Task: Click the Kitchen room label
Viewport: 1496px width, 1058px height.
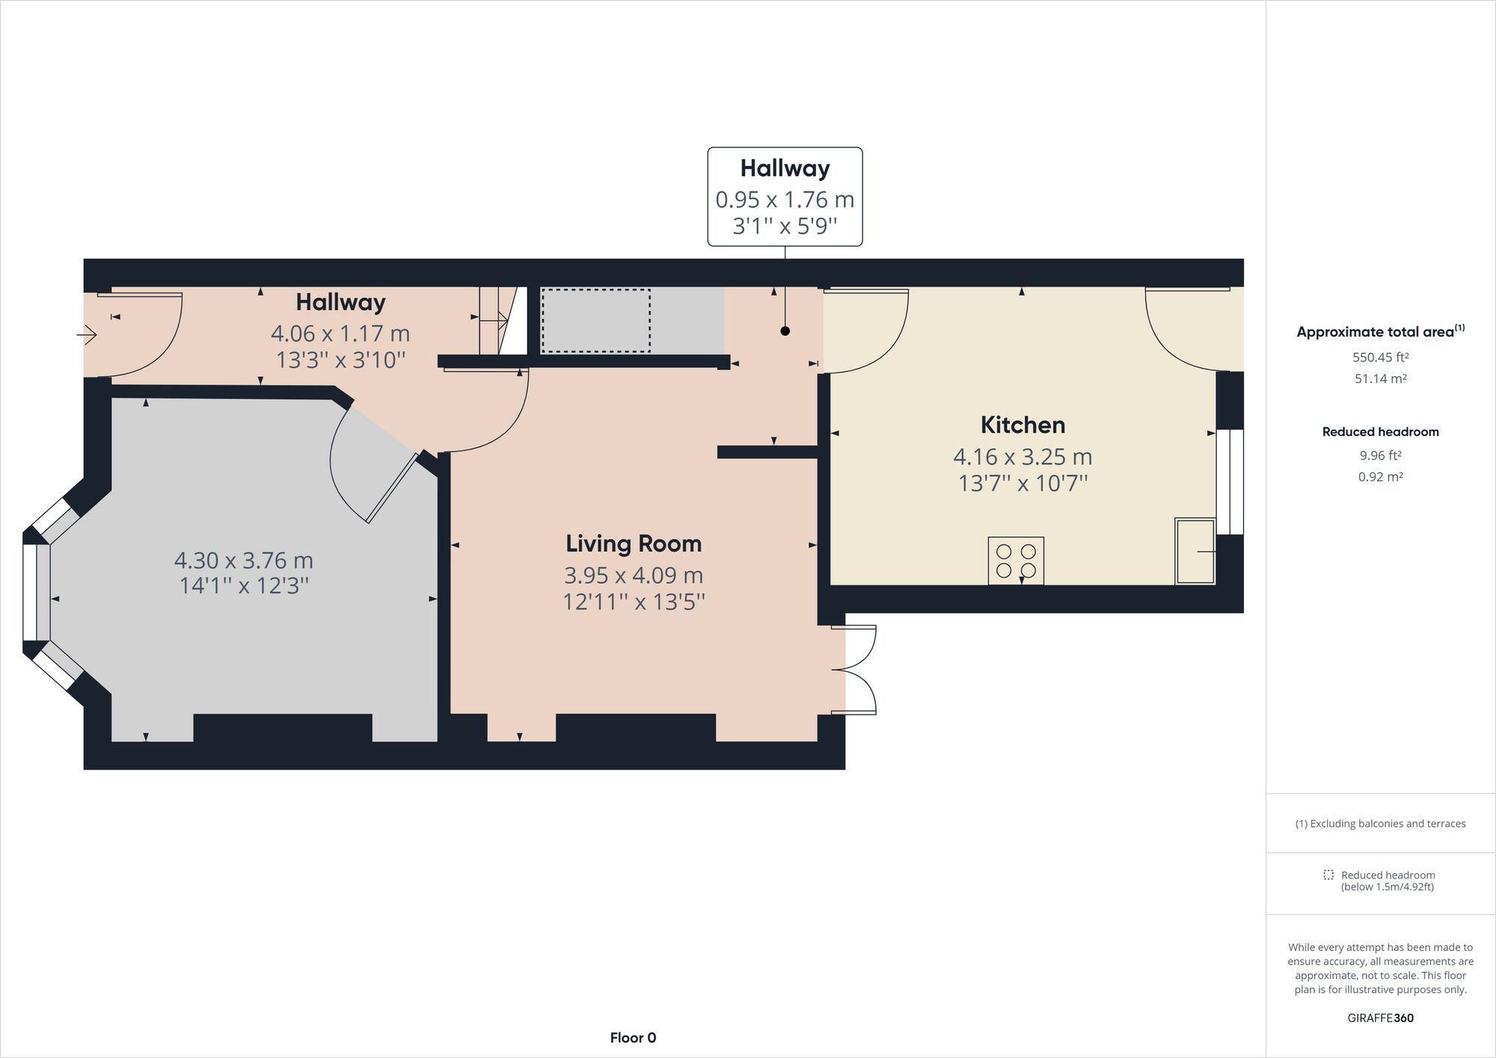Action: [1023, 425]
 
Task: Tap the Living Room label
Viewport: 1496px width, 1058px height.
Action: [634, 543]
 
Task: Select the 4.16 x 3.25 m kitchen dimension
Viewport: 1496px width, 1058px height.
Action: [1023, 456]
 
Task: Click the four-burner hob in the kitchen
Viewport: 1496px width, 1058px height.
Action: [1016, 560]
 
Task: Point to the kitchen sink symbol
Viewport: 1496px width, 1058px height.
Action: [1195, 551]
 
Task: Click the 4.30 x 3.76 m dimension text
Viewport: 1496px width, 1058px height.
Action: [244, 560]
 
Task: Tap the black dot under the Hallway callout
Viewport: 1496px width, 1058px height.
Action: [785, 331]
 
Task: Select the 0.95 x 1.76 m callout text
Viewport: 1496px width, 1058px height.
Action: [785, 200]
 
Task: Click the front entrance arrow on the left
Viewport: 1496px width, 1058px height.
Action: [87, 334]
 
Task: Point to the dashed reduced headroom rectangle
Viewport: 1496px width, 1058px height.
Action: [595, 320]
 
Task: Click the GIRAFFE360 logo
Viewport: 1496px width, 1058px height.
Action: [1380, 1018]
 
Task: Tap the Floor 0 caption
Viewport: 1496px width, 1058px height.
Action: [633, 1038]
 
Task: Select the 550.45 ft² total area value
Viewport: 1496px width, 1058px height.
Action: [1380, 357]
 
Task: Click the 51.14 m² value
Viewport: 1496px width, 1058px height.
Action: [1380, 379]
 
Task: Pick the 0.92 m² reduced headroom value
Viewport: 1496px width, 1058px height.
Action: [1380, 477]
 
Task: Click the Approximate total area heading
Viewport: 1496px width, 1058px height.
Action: [1380, 331]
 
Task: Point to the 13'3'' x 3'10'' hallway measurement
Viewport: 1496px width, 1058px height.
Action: [340, 360]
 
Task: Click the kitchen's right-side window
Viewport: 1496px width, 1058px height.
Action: [1230, 481]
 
